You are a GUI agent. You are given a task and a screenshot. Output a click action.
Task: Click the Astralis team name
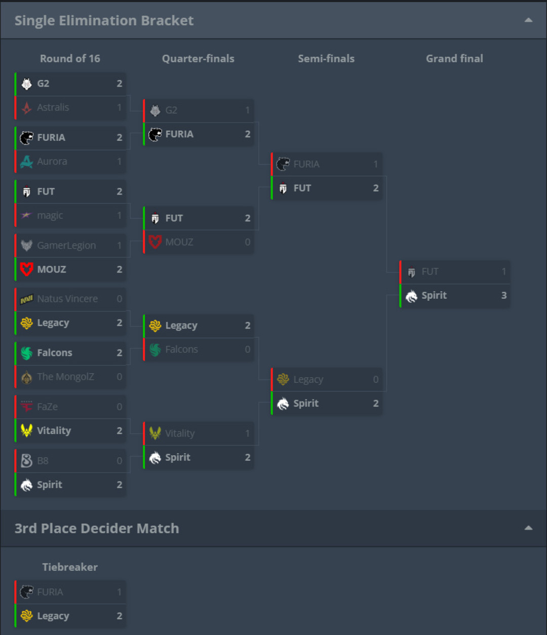pos(53,107)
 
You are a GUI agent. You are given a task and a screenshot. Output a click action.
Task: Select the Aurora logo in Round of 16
pos(26,162)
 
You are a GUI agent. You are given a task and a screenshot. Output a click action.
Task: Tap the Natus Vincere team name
pos(67,299)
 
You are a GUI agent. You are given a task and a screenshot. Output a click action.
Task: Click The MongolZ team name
pos(65,377)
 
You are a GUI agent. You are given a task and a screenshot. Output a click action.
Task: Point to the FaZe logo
pos(26,407)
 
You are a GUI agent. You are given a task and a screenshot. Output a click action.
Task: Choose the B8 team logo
pos(26,460)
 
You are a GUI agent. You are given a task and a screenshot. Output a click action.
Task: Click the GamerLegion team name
pos(66,246)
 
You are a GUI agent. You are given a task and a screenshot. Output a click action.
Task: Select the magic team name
pos(50,215)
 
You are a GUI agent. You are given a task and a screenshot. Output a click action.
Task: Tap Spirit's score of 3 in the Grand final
pos(504,296)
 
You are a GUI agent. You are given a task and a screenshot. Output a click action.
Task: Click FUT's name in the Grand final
pos(430,271)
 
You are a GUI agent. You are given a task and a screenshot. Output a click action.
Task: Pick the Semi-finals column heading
pos(326,58)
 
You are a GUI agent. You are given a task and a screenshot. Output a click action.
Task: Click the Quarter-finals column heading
pos(198,58)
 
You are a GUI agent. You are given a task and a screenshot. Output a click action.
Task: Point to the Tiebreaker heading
pos(70,567)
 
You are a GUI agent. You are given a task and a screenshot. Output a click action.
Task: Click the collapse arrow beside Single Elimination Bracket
pos(528,20)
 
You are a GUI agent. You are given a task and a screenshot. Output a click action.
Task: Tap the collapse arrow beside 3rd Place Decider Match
pos(528,528)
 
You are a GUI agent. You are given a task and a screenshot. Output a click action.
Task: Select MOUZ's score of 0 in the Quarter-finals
pos(247,242)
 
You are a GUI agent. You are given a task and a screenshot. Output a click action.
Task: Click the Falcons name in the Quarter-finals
pos(181,349)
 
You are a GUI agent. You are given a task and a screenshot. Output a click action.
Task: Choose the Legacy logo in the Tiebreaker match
pos(26,616)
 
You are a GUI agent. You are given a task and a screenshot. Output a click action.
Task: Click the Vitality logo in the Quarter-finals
pos(155,433)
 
